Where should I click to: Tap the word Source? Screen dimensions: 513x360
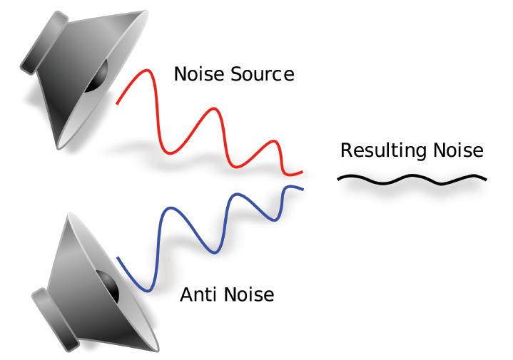pos(260,73)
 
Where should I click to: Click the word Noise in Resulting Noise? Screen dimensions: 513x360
pos(457,150)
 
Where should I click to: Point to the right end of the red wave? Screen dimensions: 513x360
pos(303,173)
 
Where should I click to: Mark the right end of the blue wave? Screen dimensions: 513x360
pos(303,189)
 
